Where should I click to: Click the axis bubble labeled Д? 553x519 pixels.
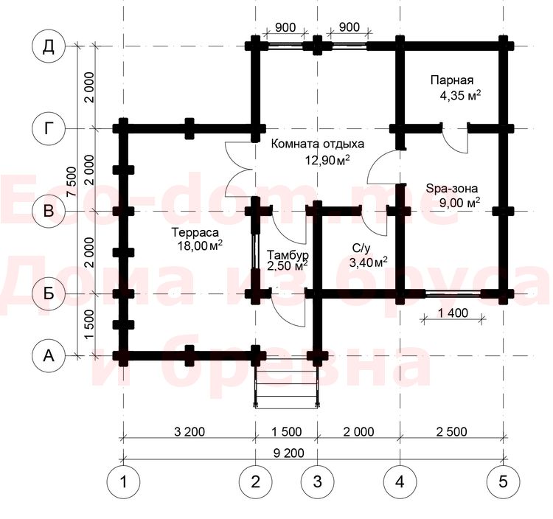click(49, 46)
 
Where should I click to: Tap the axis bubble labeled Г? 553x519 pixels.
click(49, 129)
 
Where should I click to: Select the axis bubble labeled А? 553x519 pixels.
click(49, 356)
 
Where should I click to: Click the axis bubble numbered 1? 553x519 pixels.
click(123, 481)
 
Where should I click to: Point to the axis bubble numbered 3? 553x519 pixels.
click(317, 481)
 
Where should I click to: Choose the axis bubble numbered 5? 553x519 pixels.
click(504, 481)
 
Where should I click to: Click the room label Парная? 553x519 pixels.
click(452, 81)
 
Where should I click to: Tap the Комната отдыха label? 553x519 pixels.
click(318, 144)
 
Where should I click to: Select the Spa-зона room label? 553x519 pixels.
click(452, 188)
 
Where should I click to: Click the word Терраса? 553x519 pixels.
click(195, 232)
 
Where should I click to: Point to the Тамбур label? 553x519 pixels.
click(288, 254)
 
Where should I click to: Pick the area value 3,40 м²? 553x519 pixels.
click(368, 262)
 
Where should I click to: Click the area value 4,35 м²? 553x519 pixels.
click(460, 96)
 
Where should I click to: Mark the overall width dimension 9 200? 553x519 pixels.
click(288, 453)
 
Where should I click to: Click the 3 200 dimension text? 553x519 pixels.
click(189, 431)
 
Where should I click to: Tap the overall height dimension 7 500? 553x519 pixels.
click(72, 181)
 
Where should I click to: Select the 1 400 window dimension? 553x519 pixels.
click(453, 313)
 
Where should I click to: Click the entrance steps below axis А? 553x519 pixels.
click(286, 383)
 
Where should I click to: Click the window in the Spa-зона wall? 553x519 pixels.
click(453, 293)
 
